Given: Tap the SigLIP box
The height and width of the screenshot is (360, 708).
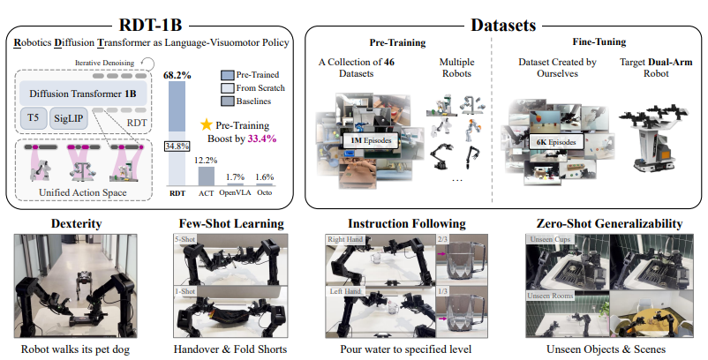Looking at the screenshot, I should [78, 118].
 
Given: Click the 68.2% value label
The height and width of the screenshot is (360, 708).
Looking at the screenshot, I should [178, 76].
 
